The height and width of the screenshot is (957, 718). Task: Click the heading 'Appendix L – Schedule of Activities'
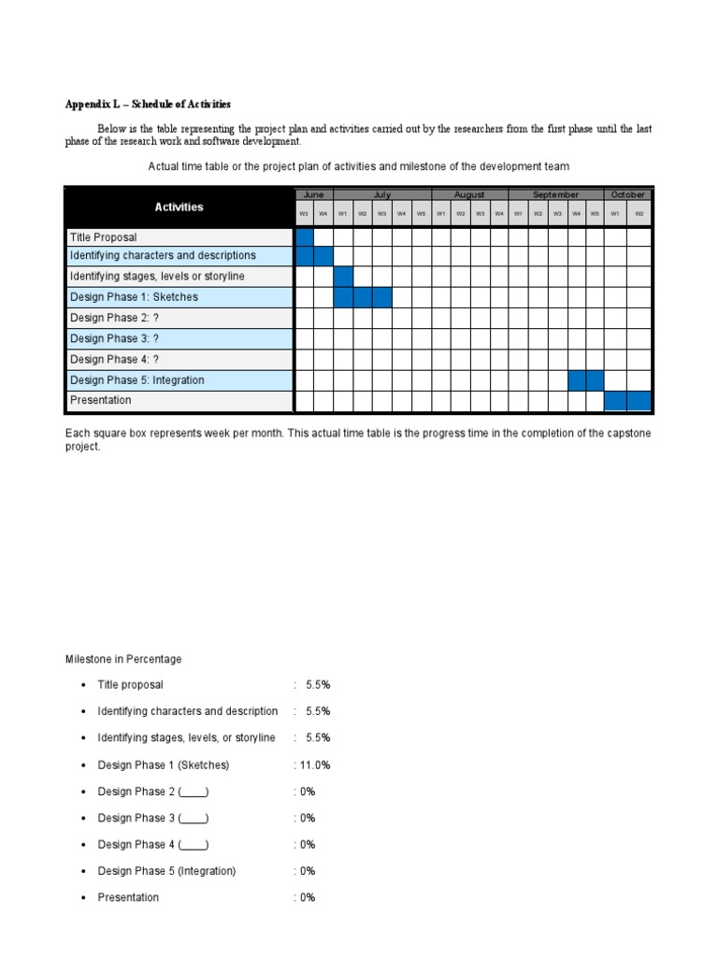[148, 104]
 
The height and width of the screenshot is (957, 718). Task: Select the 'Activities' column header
[179, 207]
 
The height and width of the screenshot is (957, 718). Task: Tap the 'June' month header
[313, 194]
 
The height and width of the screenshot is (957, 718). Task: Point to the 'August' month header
[469, 194]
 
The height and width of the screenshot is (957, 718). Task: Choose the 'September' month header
[555, 194]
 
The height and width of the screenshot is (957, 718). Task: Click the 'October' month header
[627, 194]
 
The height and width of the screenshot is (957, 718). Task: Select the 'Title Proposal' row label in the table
[103, 236]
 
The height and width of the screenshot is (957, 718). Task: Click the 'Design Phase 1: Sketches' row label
[134, 297]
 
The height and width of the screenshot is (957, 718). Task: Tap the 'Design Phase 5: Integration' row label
[136, 380]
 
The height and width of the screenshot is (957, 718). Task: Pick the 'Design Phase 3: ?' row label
[115, 338]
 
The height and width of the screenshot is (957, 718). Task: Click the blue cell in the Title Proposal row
[305, 236]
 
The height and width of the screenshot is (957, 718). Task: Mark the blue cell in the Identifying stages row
[343, 277]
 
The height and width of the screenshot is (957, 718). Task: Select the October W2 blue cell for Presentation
[639, 401]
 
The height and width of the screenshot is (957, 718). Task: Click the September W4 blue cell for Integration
[577, 380]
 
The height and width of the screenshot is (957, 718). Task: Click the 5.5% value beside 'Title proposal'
[318, 685]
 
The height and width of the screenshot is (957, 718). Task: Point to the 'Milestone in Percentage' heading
[123, 659]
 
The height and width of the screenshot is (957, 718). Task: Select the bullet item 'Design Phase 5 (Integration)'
[166, 871]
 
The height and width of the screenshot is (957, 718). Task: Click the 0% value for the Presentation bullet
[308, 897]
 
